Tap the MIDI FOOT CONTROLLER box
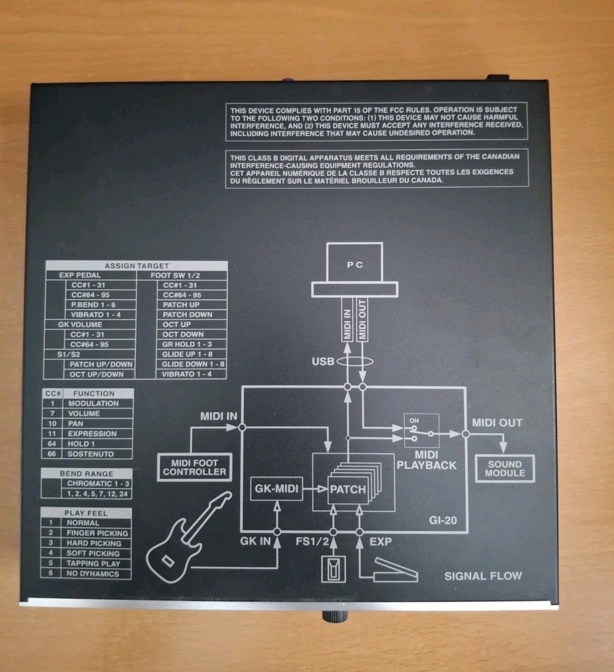194,467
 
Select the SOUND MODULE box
505,468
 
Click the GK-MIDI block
271,489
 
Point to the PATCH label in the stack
347,489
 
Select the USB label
323,362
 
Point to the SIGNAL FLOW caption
483,576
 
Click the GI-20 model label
443,520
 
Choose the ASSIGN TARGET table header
136,266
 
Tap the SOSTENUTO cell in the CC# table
91,454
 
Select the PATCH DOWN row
187,315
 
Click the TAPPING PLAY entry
93,563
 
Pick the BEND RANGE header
86,474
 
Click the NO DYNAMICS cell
92,573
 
